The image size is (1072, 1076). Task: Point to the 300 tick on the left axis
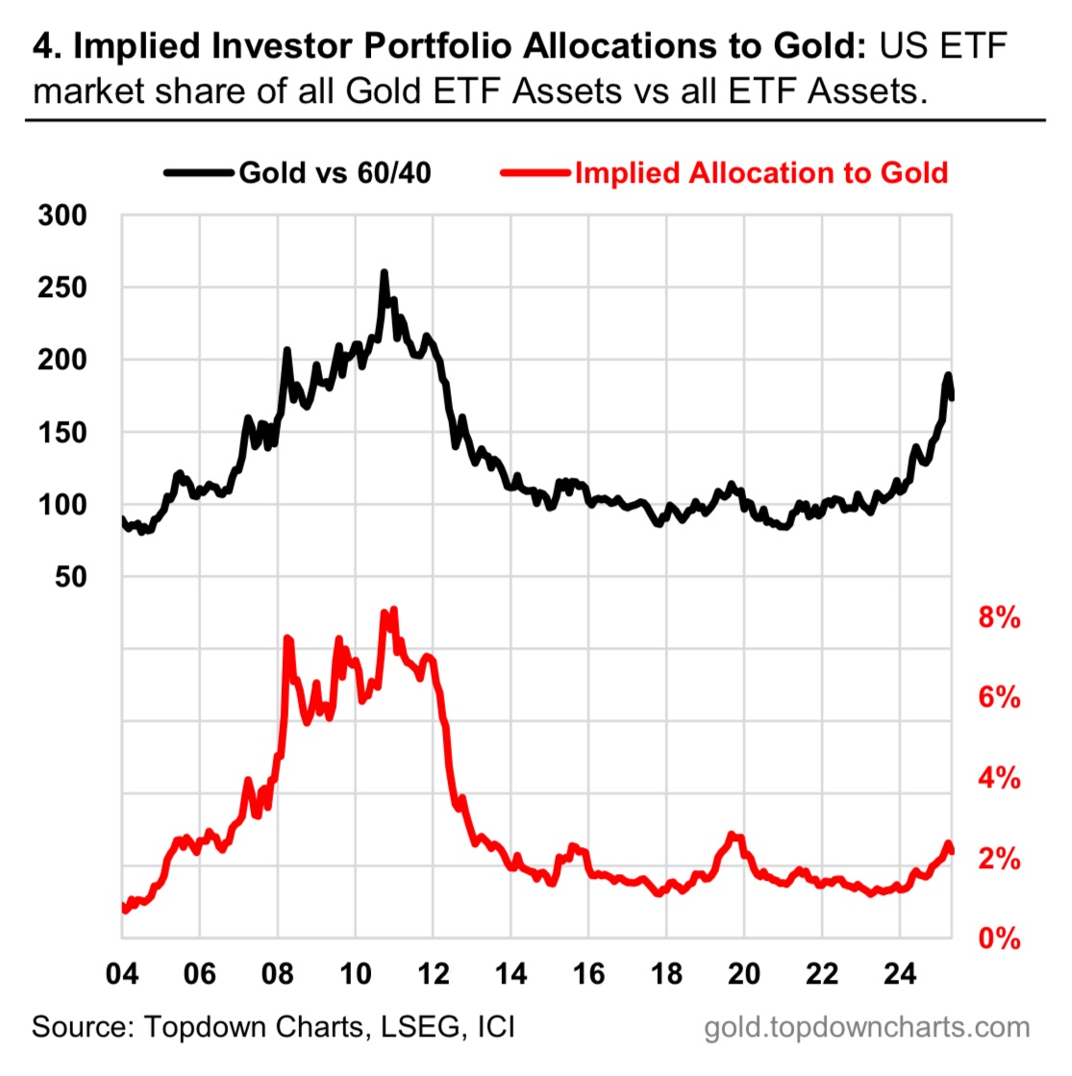[x=62, y=215]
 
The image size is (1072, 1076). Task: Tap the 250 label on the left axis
[x=62, y=288]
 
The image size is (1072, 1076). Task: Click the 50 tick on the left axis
[x=70, y=576]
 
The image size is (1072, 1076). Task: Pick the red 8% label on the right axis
[x=999, y=617]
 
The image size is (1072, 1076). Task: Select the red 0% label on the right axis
[x=999, y=938]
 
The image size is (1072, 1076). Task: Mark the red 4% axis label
[x=999, y=778]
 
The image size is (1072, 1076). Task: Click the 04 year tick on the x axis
[x=121, y=973]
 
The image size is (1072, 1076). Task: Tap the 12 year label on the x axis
[x=434, y=973]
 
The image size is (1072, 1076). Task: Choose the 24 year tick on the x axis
[x=900, y=973]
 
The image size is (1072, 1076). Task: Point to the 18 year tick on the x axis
[x=666, y=973]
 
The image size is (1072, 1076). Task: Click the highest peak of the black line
[x=385, y=273]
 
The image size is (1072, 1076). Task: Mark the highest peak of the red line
[x=393, y=610]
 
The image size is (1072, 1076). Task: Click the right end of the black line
[x=952, y=396]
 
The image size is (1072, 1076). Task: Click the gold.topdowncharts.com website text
[x=866, y=1027]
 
